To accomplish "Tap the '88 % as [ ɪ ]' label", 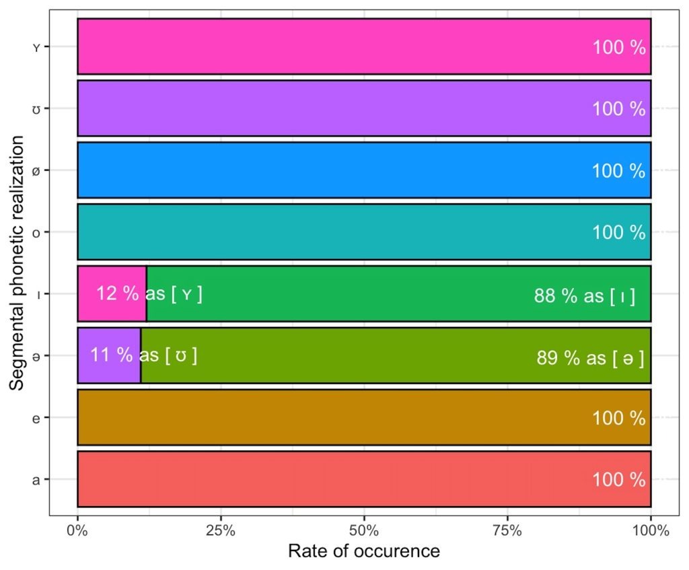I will point(585,296).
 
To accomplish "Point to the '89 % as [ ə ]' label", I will point(590,358).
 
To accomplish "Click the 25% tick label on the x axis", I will point(221,530).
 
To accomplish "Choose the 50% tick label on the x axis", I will point(364,530).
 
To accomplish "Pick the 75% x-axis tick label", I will point(507,530).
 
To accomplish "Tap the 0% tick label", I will point(77,530).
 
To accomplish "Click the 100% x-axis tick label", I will point(651,530).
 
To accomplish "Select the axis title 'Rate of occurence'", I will point(364,552).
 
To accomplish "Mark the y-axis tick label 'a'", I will point(35,480).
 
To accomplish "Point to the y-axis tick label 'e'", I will point(35,418).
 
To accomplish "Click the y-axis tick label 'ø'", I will point(35,170).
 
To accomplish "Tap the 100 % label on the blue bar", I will point(618,171).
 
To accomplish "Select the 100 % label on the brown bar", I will point(618,419).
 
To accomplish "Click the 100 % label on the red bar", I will point(618,480).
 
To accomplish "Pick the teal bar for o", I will point(336,232).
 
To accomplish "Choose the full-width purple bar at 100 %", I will point(336,108).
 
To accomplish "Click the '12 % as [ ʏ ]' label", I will point(149,294).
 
